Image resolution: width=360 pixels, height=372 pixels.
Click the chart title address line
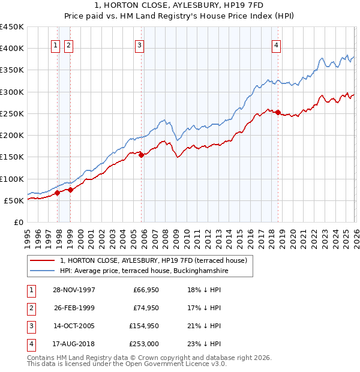(x=180, y=6)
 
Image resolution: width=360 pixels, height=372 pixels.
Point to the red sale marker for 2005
(x=142, y=155)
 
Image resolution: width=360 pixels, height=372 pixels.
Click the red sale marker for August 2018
(x=278, y=112)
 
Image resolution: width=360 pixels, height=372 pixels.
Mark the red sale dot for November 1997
(x=58, y=193)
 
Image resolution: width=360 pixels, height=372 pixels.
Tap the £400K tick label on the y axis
(x=12, y=49)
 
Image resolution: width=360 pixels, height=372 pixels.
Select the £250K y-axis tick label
(x=12, y=113)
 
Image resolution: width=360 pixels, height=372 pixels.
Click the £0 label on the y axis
(x=18, y=222)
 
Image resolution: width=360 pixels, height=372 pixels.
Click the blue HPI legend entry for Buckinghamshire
(x=144, y=271)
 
